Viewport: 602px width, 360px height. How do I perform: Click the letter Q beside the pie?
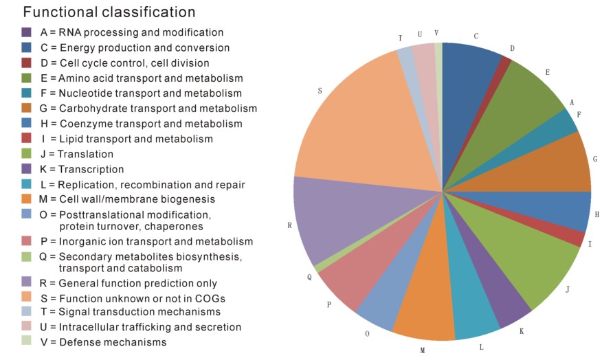[309, 277]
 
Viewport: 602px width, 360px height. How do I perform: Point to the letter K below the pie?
[522, 331]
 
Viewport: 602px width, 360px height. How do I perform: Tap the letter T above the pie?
[400, 38]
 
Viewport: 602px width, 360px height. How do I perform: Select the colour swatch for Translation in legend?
[27, 153]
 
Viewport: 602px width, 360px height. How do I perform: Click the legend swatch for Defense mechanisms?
[27, 341]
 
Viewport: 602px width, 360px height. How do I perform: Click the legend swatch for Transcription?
[27, 168]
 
